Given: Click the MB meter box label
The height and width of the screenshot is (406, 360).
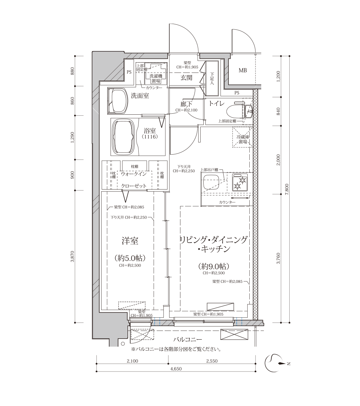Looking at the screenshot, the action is click(243, 70).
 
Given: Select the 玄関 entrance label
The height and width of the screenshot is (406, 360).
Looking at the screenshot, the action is click(186, 77).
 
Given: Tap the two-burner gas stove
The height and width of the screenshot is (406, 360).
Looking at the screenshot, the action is click(240, 182).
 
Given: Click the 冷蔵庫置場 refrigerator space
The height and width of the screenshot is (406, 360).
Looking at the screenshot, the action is click(243, 137).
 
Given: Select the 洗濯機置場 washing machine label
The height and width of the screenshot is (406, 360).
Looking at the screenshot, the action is click(156, 78).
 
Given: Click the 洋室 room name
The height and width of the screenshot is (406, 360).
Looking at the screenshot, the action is click(130, 241).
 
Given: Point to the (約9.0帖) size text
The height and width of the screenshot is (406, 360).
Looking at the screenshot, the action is click(214, 266).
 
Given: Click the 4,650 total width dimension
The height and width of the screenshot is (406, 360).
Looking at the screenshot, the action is click(176, 369).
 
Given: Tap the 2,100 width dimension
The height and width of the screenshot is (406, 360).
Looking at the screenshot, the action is click(132, 361).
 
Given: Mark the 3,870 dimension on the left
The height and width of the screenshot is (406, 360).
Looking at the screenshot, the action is click(72, 256).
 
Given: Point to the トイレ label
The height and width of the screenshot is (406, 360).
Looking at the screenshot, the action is click(217, 104).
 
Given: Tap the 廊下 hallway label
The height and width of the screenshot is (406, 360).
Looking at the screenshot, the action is click(186, 104).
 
